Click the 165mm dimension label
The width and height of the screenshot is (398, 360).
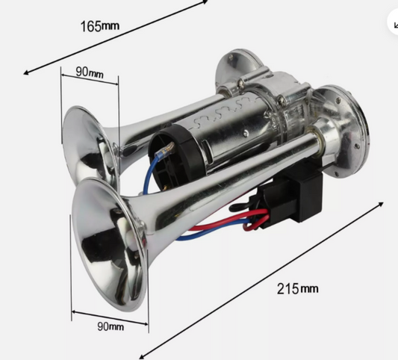click(100, 26)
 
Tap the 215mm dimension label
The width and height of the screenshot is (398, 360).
click(297, 288)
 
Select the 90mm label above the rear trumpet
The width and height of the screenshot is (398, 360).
click(90, 72)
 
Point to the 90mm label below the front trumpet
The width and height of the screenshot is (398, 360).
click(111, 326)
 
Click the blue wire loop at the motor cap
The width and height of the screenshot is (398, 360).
click(151, 173)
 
